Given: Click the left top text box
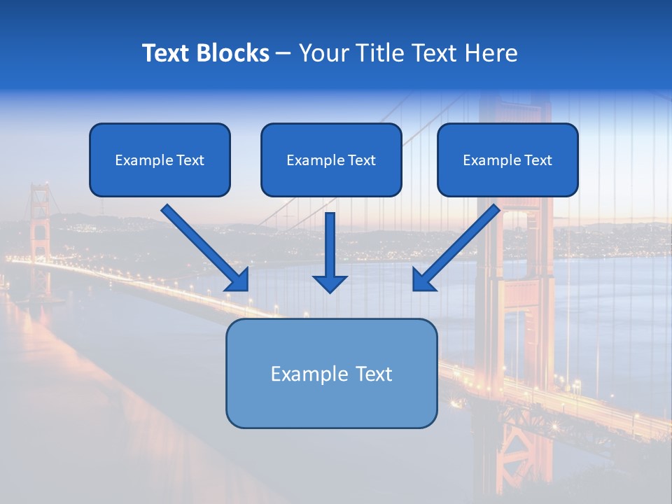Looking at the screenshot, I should (160, 160).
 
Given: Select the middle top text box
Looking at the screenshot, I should (331, 160).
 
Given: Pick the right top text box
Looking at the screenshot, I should (507, 160).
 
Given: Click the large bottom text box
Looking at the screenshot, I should (331, 373).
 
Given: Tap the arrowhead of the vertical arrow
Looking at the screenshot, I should (330, 283).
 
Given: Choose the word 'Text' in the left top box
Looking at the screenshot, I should (190, 160).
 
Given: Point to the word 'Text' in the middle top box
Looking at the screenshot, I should (361, 160).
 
